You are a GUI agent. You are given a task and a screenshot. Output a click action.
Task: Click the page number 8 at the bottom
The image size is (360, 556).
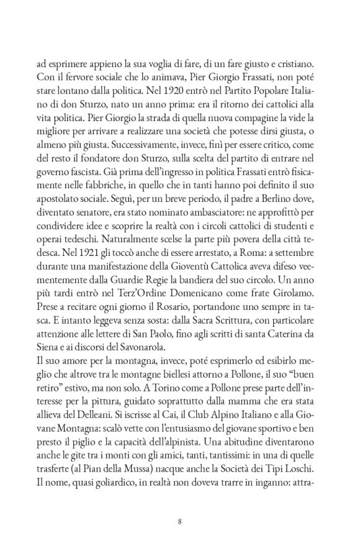coord(179,521)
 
